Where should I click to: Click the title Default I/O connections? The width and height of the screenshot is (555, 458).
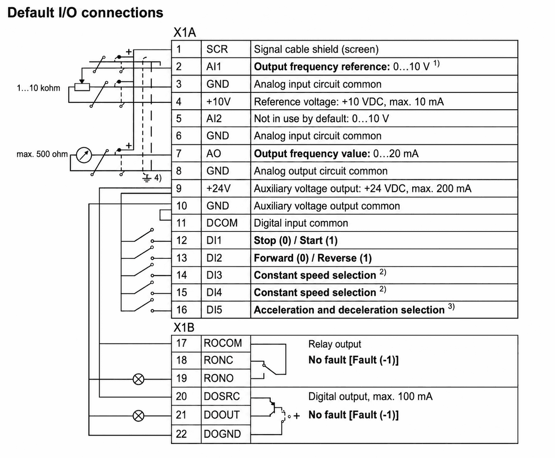(85, 13)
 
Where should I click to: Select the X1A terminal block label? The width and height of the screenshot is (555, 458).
(185, 33)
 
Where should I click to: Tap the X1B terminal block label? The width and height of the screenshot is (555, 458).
(184, 327)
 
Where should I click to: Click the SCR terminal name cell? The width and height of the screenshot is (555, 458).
(226, 49)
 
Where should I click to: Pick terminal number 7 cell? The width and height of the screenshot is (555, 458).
(186, 153)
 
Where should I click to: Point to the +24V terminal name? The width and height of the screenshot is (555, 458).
(218, 188)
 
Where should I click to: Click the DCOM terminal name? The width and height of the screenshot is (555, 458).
(222, 223)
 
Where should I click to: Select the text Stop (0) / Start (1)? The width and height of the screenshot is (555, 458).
(296, 241)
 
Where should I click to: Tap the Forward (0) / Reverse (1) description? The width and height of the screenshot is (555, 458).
(312, 258)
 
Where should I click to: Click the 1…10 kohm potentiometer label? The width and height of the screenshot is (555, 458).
(39, 88)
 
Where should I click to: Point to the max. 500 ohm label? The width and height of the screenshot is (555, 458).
(42, 154)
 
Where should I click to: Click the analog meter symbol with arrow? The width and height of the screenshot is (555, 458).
(84, 155)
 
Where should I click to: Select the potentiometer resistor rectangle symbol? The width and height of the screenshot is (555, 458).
(82, 87)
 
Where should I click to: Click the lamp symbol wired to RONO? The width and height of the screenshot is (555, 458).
(138, 379)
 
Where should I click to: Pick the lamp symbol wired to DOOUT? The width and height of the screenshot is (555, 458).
(138, 416)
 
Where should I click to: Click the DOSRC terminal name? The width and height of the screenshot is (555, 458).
(222, 397)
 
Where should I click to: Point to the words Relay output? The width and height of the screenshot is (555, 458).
(335, 344)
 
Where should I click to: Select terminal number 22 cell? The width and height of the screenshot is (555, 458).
(186, 434)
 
